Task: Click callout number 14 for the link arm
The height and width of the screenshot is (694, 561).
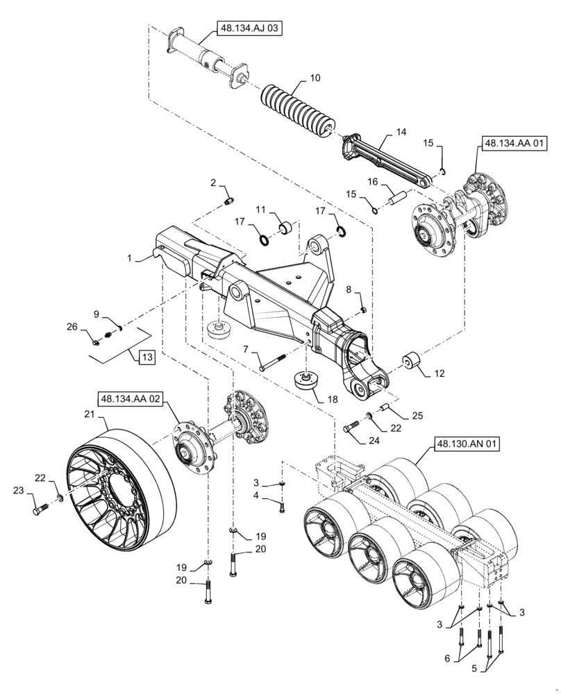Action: (x=401, y=132)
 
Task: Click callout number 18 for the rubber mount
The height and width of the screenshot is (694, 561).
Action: (x=315, y=399)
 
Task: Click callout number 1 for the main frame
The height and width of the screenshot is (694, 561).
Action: (x=130, y=257)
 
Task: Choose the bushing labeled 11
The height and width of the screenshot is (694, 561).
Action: (x=284, y=227)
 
